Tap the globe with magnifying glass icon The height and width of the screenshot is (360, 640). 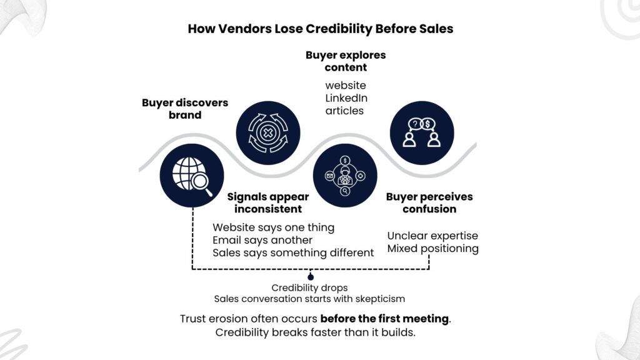pos(187,173)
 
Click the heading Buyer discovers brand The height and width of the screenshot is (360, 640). pos(185,109)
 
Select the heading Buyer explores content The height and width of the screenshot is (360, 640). pos(346,61)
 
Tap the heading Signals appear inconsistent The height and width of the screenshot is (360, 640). pos(268,202)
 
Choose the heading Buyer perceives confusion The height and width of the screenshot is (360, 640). pos(429,202)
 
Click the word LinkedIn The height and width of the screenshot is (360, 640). pos(346,98)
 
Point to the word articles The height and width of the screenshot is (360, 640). pos(344,111)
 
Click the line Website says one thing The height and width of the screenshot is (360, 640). pos(273,227)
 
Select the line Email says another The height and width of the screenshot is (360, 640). pos(262,240)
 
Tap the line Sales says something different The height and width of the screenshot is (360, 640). pos(293,252)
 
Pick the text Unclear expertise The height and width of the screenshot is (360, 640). pos(432,236)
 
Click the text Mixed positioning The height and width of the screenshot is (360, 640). pos(432,249)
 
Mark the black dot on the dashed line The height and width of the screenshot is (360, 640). pos(311,275)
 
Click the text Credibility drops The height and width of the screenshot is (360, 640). pos(309,288)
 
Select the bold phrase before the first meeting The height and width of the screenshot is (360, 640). pos(384,319)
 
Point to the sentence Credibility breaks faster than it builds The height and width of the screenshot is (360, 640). pos(316,332)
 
